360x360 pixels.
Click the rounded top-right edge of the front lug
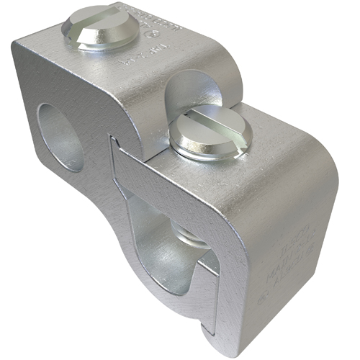(320, 144)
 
